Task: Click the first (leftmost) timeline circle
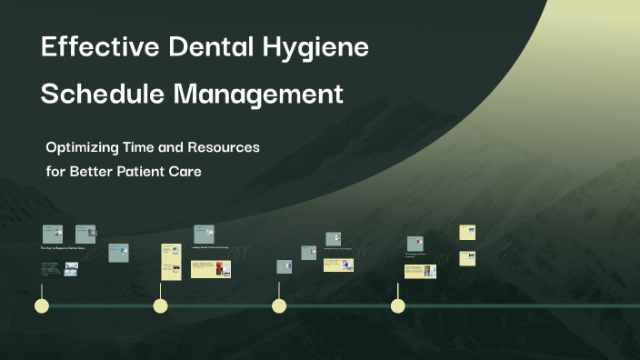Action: (41, 305)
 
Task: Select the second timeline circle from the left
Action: (160, 305)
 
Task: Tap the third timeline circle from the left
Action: (279, 305)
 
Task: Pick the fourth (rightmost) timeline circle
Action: (398, 305)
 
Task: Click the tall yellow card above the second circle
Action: (172, 262)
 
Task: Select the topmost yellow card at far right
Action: (467, 232)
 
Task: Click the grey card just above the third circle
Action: (284, 266)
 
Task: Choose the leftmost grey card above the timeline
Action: (52, 234)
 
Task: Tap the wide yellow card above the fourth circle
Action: (420, 271)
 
